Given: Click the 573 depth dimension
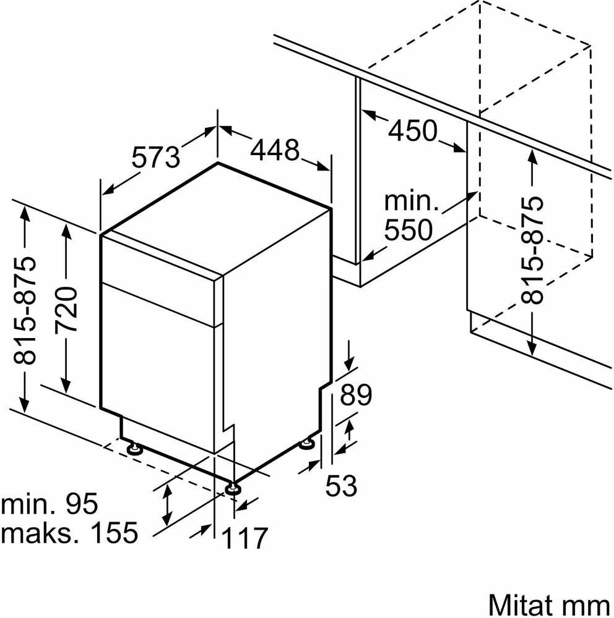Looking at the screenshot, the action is [x=155, y=157].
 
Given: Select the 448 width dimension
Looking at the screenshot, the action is [x=275, y=150].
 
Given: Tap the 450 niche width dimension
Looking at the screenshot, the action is [x=413, y=130].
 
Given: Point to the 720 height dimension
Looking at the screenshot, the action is [x=66, y=310].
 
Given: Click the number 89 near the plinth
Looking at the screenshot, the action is [x=356, y=394].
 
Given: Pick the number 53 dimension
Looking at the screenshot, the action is [x=341, y=485].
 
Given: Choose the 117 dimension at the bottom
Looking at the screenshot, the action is [x=245, y=538].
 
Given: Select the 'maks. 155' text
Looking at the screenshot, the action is [x=69, y=533].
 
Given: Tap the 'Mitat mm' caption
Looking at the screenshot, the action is [x=550, y=604].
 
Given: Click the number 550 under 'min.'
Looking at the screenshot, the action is [x=409, y=230].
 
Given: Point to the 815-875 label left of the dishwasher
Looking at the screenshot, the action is [x=25, y=310].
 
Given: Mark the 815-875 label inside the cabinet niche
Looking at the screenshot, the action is [x=532, y=250].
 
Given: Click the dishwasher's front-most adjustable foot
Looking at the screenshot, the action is [x=233, y=488].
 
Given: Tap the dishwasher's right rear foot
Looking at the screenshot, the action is [x=307, y=444].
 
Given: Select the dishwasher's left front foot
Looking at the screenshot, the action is [x=134, y=448].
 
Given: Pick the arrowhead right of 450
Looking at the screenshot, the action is [x=460, y=147].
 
